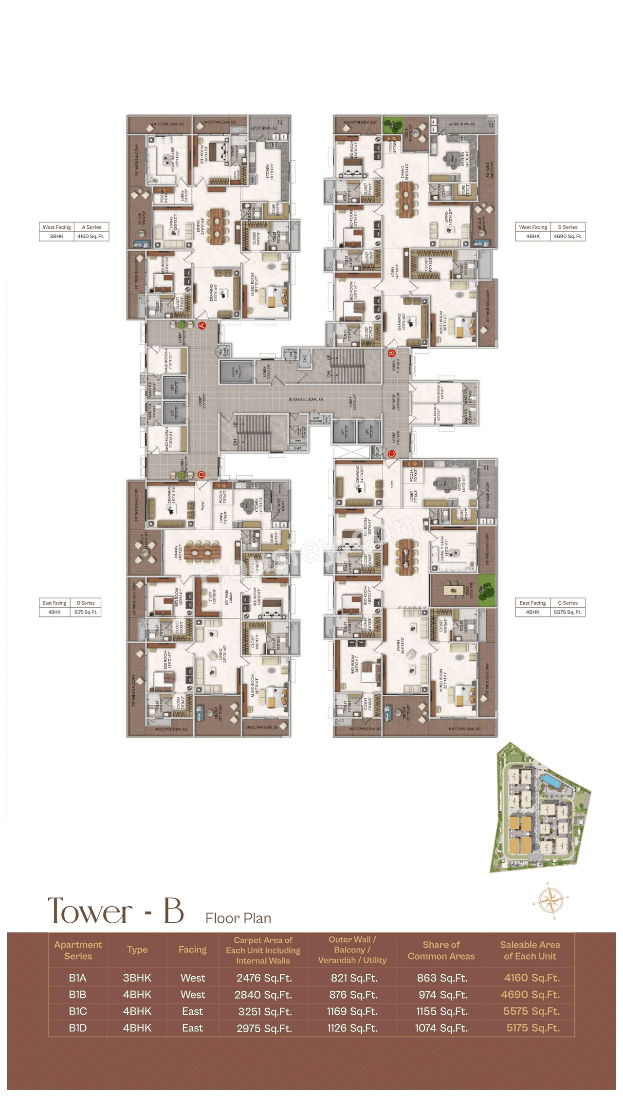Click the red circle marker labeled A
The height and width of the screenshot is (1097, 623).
pyautogui.click(x=202, y=325)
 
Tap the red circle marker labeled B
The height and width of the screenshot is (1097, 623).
pyautogui.click(x=391, y=353)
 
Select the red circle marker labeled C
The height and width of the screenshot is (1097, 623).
pyautogui.click(x=391, y=454)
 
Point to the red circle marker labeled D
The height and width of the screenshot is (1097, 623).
pyautogui.click(x=202, y=475)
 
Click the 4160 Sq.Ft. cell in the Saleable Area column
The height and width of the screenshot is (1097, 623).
pyautogui.click(x=531, y=978)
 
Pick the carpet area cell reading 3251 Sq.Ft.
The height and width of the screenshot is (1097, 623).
pyautogui.click(x=265, y=1011)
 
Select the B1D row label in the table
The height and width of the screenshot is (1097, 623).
pyautogui.click(x=78, y=1028)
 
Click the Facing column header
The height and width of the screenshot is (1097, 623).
pyautogui.click(x=192, y=949)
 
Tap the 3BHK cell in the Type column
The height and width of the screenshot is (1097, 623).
pyautogui.click(x=137, y=978)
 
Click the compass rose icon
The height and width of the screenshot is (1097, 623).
pyautogui.click(x=550, y=900)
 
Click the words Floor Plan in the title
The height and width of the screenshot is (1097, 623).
pyautogui.click(x=238, y=918)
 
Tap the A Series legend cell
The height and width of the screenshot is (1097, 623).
pyautogui.click(x=92, y=227)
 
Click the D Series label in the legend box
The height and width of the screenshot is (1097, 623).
pyautogui.click(x=85, y=603)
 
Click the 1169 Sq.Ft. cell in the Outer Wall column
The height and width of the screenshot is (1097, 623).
pyautogui.click(x=352, y=1011)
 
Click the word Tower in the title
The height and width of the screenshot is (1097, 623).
pyautogui.click(x=90, y=911)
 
